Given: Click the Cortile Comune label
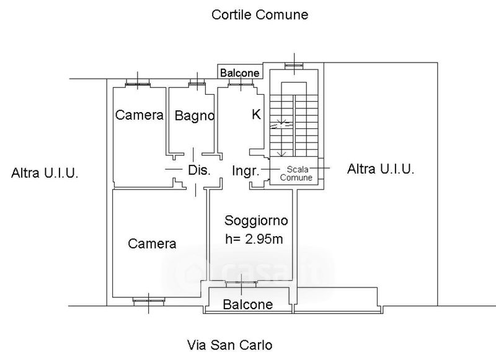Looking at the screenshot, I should (x=260, y=14).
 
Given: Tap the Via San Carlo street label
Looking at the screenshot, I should (x=230, y=345).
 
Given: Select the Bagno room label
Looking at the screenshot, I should (x=194, y=115).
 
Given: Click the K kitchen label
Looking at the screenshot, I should (x=255, y=114).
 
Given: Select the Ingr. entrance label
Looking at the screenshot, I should (x=245, y=170).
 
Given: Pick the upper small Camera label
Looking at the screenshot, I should (x=139, y=115).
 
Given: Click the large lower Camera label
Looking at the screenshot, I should (x=152, y=244).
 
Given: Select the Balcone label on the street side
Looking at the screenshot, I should (x=248, y=304).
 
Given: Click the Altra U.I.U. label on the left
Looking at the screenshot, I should (x=45, y=173).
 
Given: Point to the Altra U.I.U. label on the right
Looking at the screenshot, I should (x=381, y=169).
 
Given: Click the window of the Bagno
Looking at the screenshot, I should (x=197, y=84).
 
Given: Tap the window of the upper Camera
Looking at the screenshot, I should (x=138, y=82).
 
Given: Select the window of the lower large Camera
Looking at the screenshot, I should (x=149, y=302).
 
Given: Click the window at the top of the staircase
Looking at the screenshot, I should (x=293, y=65).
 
